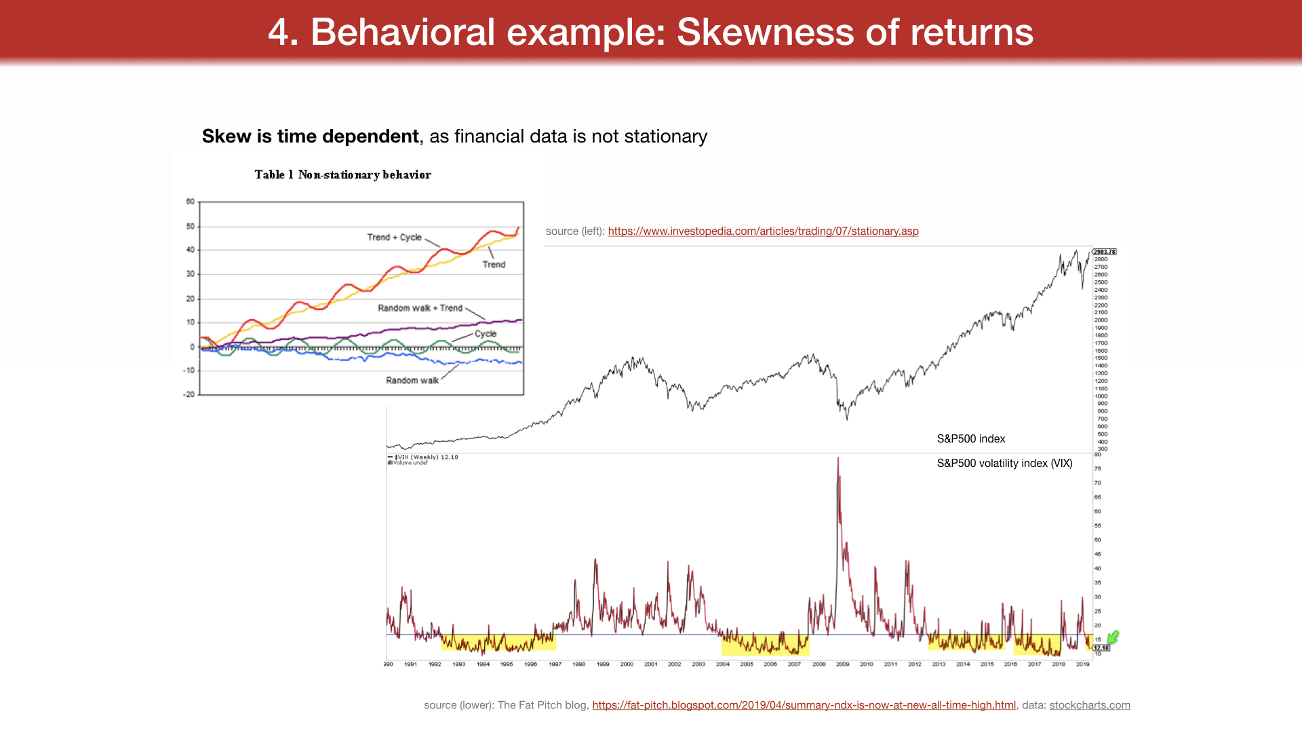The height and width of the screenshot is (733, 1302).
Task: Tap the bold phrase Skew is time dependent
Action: coord(310,136)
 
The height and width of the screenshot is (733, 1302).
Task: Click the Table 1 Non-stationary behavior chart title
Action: coord(342,175)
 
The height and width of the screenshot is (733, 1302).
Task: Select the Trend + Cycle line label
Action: coord(394,237)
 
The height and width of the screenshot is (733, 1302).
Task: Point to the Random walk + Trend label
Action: coord(420,308)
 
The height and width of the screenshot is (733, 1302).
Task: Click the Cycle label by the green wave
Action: coord(486,334)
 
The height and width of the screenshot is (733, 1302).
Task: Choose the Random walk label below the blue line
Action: coord(412,381)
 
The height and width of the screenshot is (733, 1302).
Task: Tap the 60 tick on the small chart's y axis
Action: coord(190,202)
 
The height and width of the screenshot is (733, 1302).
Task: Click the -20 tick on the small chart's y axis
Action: coord(189,394)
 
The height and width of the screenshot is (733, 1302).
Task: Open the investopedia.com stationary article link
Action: coord(763,231)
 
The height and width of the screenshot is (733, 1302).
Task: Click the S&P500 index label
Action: coord(970,439)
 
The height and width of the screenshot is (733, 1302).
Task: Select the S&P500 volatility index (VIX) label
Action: coord(1004,464)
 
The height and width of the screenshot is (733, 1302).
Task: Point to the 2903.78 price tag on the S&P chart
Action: coord(1104,252)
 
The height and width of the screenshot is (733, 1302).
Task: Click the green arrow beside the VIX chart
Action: coord(1113,637)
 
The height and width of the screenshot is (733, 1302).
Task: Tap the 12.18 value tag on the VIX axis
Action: coord(1101,648)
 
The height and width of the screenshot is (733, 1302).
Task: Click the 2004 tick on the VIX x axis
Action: coord(723,664)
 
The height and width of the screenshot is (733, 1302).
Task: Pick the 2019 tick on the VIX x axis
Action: coord(1082,664)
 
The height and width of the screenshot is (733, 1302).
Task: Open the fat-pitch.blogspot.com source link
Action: coord(804,705)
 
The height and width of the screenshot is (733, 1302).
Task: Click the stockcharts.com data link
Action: coord(1089,705)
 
